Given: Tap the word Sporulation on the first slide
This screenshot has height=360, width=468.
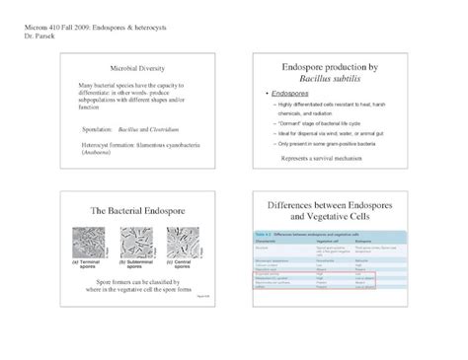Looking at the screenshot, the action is coord(101,128).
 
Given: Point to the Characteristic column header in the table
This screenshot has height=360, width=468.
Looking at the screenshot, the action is coord(270,240).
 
